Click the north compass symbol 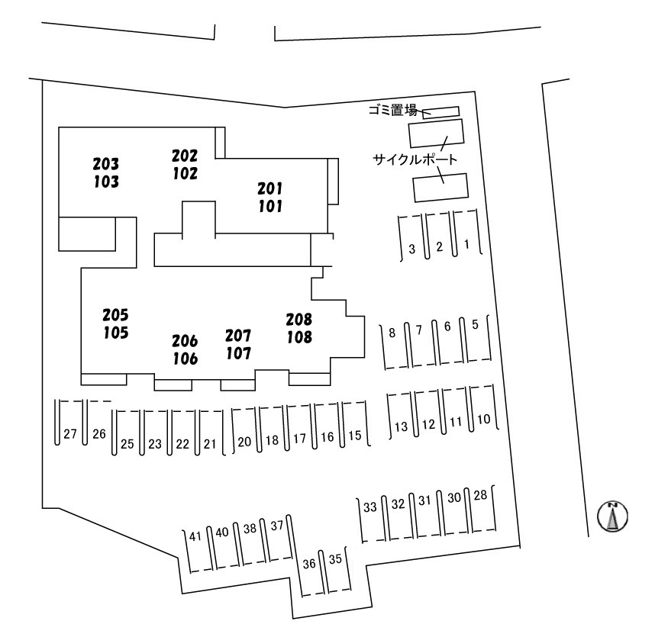point(612,517)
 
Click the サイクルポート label point(415,160)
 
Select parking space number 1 point(467,245)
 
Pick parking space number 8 point(392,333)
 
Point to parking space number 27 point(70,434)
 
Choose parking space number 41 point(195,536)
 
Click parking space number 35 point(334,559)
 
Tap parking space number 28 point(480,497)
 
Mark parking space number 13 point(401,426)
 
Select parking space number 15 point(354,436)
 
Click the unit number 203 point(106,163)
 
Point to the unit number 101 point(269,206)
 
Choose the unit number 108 point(299,336)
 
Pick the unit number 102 point(185,173)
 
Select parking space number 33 point(370,507)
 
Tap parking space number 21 point(210,443)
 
